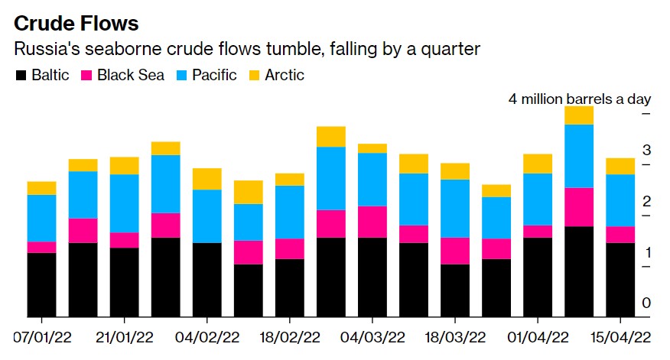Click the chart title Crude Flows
point(76,23)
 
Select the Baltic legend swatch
point(21,75)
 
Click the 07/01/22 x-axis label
point(41,338)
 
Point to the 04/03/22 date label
point(372,338)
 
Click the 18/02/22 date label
point(289,338)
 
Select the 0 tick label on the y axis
point(646,303)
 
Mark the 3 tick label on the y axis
point(646,150)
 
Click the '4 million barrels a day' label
point(580,99)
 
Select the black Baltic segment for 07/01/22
point(41,284)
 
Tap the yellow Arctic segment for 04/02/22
point(207,179)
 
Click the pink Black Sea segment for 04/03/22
point(372,222)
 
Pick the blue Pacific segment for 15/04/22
point(620,200)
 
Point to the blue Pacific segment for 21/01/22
point(124,203)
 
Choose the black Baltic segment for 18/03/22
point(454,290)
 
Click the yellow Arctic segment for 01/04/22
point(537,164)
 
